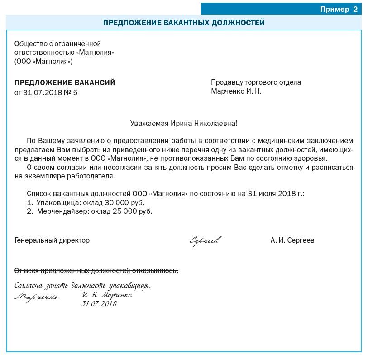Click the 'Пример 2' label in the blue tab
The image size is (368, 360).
pyautogui.click(x=339, y=10)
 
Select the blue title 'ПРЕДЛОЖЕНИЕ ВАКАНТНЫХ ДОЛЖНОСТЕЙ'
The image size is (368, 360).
pyautogui.click(x=184, y=23)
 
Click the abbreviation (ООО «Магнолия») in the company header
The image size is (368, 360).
pyautogui.click(x=43, y=61)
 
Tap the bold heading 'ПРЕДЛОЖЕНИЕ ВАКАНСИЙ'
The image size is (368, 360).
pyautogui.click(x=65, y=82)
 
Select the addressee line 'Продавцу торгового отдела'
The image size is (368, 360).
pyautogui.click(x=256, y=82)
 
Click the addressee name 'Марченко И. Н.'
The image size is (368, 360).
pyautogui.click(x=236, y=91)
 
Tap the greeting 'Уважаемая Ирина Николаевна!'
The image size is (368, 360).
pyautogui.click(x=183, y=123)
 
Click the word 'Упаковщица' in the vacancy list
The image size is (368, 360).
pyautogui.click(x=56, y=202)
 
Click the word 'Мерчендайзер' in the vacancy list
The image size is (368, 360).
pyautogui.click(x=59, y=211)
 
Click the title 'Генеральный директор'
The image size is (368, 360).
pyautogui.click(x=52, y=240)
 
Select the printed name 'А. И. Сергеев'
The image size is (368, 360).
pyautogui.click(x=292, y=240)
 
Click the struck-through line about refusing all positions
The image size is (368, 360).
pyautogui.click(x=96, y=271)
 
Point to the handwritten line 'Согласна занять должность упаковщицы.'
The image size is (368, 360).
pyautogui.click(x=82, y=286)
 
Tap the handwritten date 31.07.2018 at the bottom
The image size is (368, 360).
pyautogui.click(x=99, y=304)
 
